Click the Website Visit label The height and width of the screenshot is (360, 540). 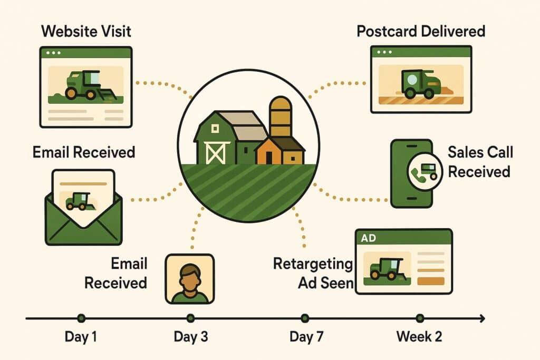(86, 31)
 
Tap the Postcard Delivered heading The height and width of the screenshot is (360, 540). (420, 31)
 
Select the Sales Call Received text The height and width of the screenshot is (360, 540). (479, 162)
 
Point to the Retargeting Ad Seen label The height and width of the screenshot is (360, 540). (313, 273)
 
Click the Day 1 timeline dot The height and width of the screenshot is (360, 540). (81, 318)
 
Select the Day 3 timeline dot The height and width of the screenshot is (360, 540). (190, 318)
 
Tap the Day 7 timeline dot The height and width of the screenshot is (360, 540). (305, 318)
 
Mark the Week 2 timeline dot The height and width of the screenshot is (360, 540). (420, 318)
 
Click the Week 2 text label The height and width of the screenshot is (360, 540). (419, 337)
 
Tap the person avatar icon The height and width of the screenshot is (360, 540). (189, 279)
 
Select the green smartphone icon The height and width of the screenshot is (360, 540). (411, 173)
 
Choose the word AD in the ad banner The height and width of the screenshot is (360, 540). (369, 238)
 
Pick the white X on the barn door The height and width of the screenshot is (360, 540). (214, 152)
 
